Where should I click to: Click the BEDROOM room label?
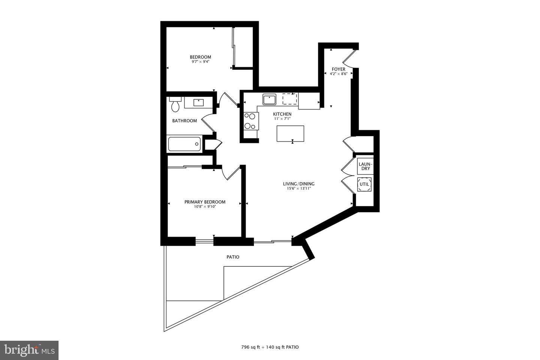(200, 57)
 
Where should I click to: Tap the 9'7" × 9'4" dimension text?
(200, 61)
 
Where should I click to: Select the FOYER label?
(338, 69)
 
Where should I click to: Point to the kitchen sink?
(269, 100)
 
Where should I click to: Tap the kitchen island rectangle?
(290, 133)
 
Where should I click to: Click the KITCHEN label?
(282, 114)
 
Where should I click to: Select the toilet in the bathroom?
(175, 105)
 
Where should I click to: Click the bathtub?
(184, 144)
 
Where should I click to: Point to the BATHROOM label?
(184, 121)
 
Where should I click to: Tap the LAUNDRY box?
(365, 166)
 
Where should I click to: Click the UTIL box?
(364, 184)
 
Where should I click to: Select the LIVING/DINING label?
(298, 184)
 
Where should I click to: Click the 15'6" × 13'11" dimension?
(298, 188)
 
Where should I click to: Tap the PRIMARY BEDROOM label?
(205, 202)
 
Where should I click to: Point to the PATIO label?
(233, 257)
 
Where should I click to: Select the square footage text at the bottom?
(270, 347)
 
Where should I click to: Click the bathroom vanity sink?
(198, 102)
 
